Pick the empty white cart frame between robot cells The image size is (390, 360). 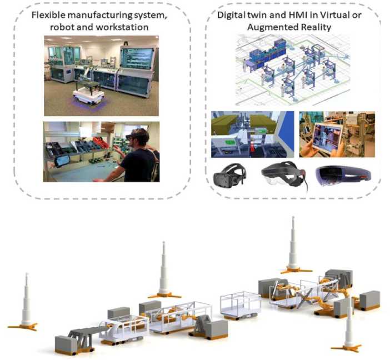pyautogui.click(x=241, y=303)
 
